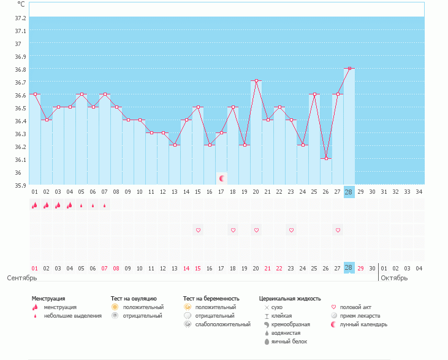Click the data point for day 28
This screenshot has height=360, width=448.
coord(349,69)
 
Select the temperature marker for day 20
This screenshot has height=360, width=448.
coord(256,80)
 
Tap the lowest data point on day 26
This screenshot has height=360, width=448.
coord(326,159)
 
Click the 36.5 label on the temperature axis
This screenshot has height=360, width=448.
coord(20,108)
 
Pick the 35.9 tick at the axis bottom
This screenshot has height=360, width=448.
coord(20,185)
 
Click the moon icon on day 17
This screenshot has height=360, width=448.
coord(222,178)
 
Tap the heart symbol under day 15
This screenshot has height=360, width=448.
coord(198,230)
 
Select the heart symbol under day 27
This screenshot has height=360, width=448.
coord(338,230)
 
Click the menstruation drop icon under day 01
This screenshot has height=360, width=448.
coord(35,205)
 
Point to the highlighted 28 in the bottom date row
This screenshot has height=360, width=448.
coord(349,268)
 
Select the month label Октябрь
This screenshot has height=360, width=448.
coord(393,278)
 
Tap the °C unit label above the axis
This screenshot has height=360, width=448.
coord(21,4)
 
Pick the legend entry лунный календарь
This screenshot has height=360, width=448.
coord(364,324)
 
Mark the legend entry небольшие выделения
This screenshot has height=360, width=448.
coord(72,316)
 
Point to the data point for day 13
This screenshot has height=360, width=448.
coord(175,145)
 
